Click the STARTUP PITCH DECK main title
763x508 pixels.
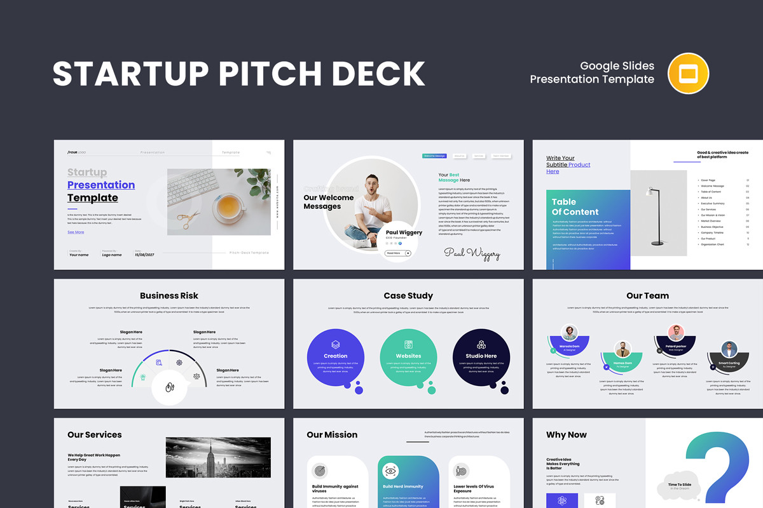[x=238, y=74]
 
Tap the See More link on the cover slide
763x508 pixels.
[x=76, y=232]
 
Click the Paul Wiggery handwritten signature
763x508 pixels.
[x=472, y=253]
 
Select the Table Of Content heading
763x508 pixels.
[x=575, y=207]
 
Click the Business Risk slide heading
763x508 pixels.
[x=169, y=295]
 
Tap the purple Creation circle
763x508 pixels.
[x=335, y=358]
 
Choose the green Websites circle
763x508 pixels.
[x=408, y=358]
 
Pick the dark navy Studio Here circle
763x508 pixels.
[x=481, y=358]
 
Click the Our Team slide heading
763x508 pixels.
[x=647, y=295]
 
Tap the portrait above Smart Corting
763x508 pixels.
[x=729, y=349]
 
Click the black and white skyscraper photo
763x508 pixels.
[x=218, y=457]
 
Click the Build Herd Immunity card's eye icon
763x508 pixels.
[x=390, y=471]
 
